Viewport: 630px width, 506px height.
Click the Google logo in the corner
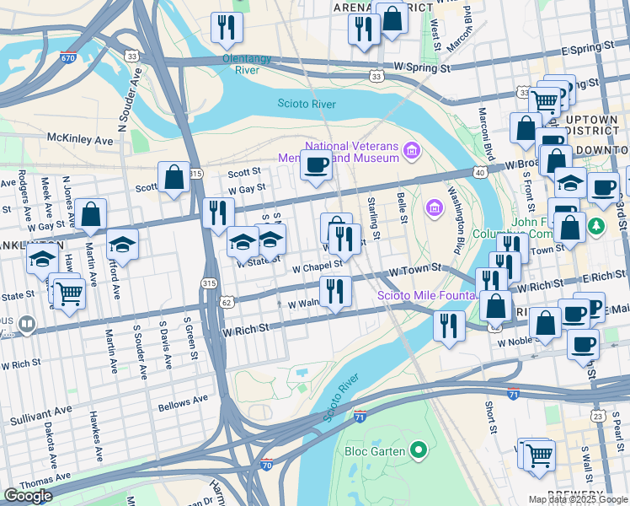[28, 496]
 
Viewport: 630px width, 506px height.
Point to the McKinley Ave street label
[80, 138]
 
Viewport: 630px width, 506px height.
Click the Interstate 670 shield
[68, 58]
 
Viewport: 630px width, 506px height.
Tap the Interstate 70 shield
[267, 464]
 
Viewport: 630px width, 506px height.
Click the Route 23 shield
[597, 416]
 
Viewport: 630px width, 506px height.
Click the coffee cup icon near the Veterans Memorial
[316, 164]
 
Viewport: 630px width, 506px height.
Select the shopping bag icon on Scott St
[174, 177]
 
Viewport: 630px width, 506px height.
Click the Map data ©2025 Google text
[578, 499]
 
